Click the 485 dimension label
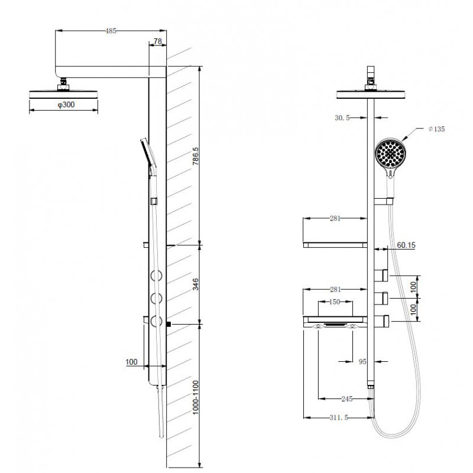(111, 31)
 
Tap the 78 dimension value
(158, 41)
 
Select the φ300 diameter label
(66, 105)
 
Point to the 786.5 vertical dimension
(196, 156)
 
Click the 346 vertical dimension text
(196, 284)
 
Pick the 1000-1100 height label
(196, 397)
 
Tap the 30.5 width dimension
(342, 118)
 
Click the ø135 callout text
(436, 129)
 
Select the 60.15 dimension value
(406, 245)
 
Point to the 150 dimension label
(335, 302)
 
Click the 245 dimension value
(347, 399)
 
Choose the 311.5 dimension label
(339, 417)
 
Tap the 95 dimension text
(362, 361)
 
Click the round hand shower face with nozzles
(390, 154)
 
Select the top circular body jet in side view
(156, 276)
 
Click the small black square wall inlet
(169, 324)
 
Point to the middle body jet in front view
(381, 298)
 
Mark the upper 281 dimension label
(335, 218)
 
